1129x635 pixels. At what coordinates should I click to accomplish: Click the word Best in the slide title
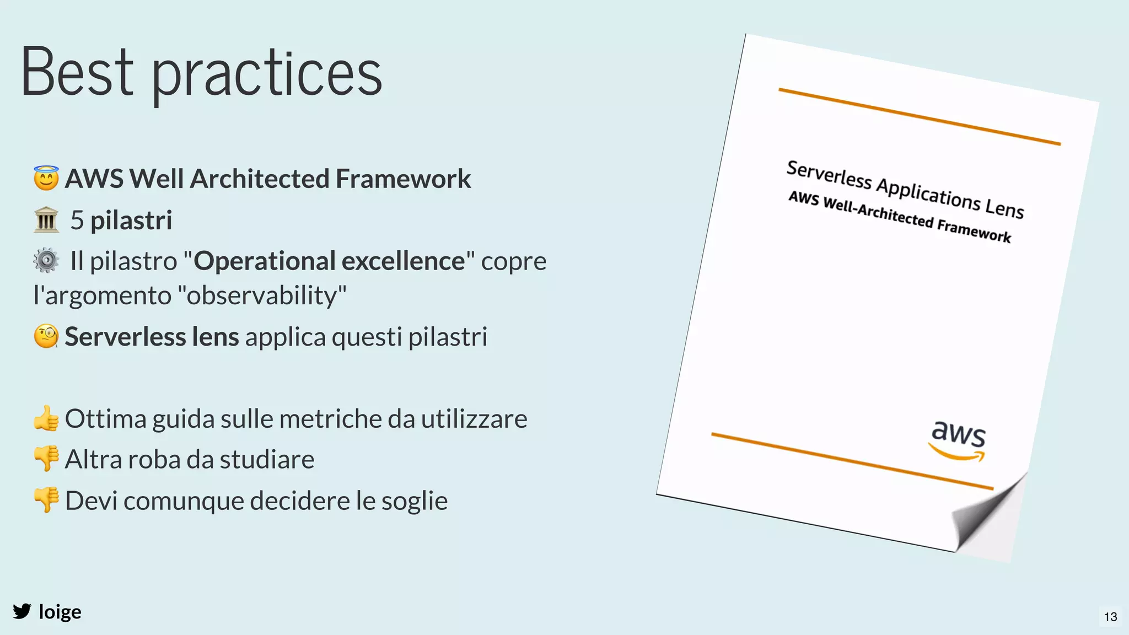(77, 72)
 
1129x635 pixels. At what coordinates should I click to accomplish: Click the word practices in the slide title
(267, 74)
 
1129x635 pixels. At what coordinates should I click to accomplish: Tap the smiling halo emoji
(46, 178)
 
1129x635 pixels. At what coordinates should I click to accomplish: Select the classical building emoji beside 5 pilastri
(46, 220)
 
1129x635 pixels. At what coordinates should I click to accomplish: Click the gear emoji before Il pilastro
(46, 260)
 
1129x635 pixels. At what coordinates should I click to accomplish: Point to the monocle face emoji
(46, 336)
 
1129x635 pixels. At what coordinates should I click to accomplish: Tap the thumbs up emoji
(46, 418)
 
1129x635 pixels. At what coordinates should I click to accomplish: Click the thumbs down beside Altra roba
(46, 459)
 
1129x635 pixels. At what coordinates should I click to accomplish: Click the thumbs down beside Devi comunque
(46, 500)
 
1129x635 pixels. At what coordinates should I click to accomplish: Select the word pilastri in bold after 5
(131, 220)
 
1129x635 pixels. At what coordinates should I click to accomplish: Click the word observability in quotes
(262, 295)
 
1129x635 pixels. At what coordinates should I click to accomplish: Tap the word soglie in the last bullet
(414, 501)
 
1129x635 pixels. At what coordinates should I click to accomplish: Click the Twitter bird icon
(22, 611)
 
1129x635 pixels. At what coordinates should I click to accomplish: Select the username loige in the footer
(60, 612)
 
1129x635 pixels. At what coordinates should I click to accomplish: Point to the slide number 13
(1110, 617)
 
